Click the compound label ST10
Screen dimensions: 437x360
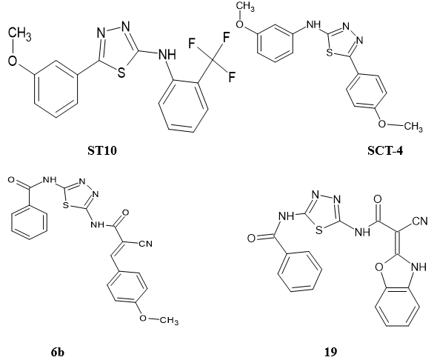tap(102, 151)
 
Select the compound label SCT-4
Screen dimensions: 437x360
tap(385, 151)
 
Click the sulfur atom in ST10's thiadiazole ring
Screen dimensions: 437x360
tap(121, 73)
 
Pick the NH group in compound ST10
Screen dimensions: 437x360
tap(167, 54)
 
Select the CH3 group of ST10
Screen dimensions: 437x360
tap(19, 35)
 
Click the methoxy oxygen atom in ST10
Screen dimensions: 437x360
tap(13, 61)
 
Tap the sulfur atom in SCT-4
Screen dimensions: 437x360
tap(330, 52)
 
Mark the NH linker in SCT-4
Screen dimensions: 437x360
tap(313, 24)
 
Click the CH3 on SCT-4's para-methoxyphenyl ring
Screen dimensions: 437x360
tap(413, 127)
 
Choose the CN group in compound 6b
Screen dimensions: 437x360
tap(146, 244)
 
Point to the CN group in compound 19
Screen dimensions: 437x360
tap(420, 221)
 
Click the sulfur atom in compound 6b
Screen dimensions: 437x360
tap(65, 205)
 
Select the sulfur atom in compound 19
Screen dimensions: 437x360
tap(319, 230)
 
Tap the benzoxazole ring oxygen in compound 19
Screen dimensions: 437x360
tap(379, 267)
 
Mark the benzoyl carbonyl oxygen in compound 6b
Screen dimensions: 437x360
tap(11, 180)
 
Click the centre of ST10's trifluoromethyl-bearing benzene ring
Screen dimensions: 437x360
tap(183, 107)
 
